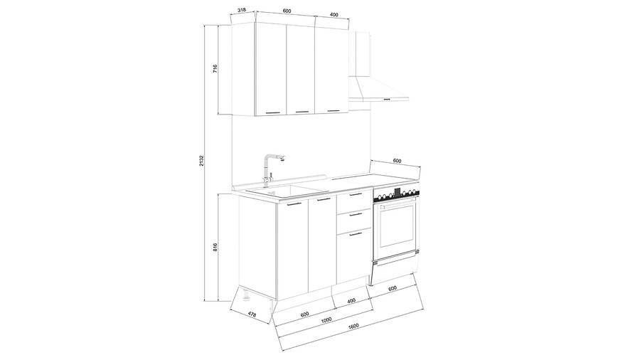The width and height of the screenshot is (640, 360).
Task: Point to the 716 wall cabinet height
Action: (x=215, y=68)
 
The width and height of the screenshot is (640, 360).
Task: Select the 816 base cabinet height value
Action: (x=215, y=247)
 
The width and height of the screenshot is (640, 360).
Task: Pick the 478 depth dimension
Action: (x=252, y=314)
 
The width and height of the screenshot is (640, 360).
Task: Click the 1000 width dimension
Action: (x=326, y=320)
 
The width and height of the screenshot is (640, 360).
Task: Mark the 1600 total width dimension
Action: (x=353, y=326)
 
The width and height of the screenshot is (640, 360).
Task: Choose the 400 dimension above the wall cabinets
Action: (x=334, y=14)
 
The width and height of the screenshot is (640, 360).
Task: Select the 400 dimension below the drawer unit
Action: (x=351, y=300)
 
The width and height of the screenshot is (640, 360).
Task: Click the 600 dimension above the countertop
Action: (x=397, y=161)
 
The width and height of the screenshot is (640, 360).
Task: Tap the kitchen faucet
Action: (x=272, y=169)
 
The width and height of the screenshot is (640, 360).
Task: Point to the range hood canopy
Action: (x=378, y=88)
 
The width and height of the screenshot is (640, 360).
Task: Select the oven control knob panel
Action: (x=396, y=195)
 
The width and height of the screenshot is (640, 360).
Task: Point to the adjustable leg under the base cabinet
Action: (x=246, y=296)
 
